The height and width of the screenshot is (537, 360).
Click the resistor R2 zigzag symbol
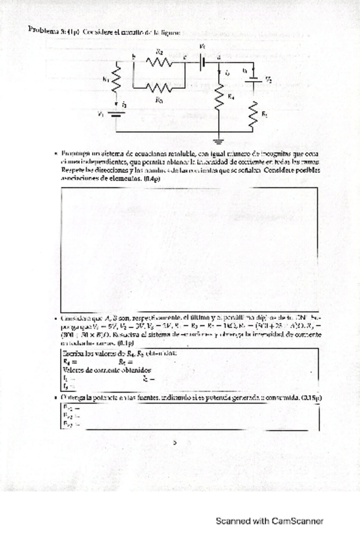159,62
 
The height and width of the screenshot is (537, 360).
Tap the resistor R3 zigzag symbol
159,88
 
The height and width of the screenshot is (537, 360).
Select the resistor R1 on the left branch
116,80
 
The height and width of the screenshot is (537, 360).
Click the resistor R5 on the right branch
254,113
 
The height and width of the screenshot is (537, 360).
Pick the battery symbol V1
116,115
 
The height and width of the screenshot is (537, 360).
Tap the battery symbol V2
254,80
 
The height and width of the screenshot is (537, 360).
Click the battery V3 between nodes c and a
203,61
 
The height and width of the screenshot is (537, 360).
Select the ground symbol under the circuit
219,136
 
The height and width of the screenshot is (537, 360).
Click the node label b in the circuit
134,56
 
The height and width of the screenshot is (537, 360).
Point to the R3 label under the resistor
159,99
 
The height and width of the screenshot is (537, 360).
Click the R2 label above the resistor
159,51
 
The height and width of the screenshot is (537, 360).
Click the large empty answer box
190,248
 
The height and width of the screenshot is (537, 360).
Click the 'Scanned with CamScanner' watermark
269,521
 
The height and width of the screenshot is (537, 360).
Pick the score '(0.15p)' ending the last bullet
309,398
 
